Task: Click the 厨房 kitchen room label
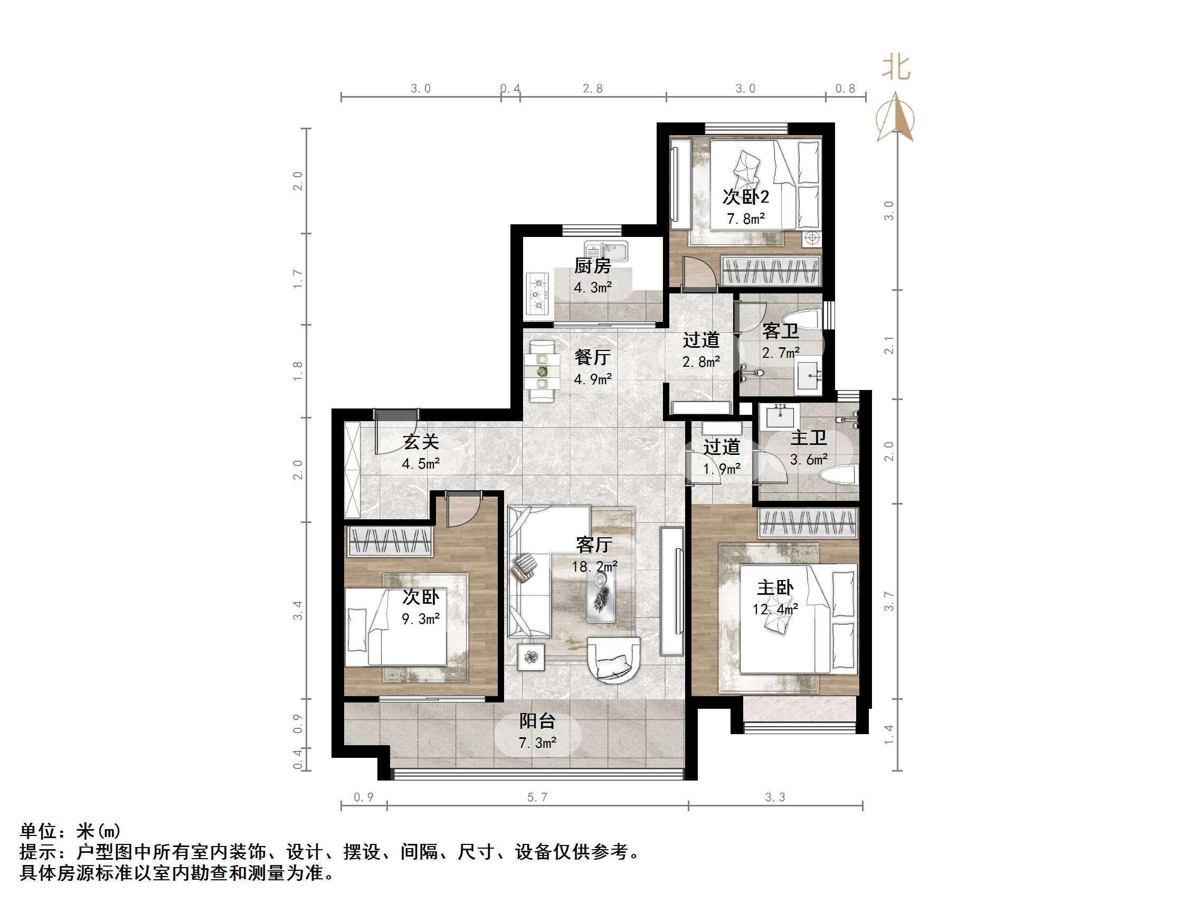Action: click(x=592, y=265)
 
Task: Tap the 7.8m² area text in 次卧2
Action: click(x=746, y=219)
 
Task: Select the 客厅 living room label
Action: click(x=594, y=544)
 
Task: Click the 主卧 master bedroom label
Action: click(x=775, y=587)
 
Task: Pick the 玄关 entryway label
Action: click(x=421, y=441)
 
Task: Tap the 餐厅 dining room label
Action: click(x=592, y=357)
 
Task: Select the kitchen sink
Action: click(x=606, y=251)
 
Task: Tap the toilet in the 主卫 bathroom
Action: click(x=839, y=475)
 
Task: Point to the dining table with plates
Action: click(x=542, y=371)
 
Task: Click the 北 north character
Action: click(x=895, y=68)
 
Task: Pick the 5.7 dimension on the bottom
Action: click(x=537, y=797)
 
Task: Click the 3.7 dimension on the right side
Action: click(x=888, y=602)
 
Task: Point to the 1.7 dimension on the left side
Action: click(x=297, y=279)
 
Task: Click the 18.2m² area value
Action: click(x=594, y=567)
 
